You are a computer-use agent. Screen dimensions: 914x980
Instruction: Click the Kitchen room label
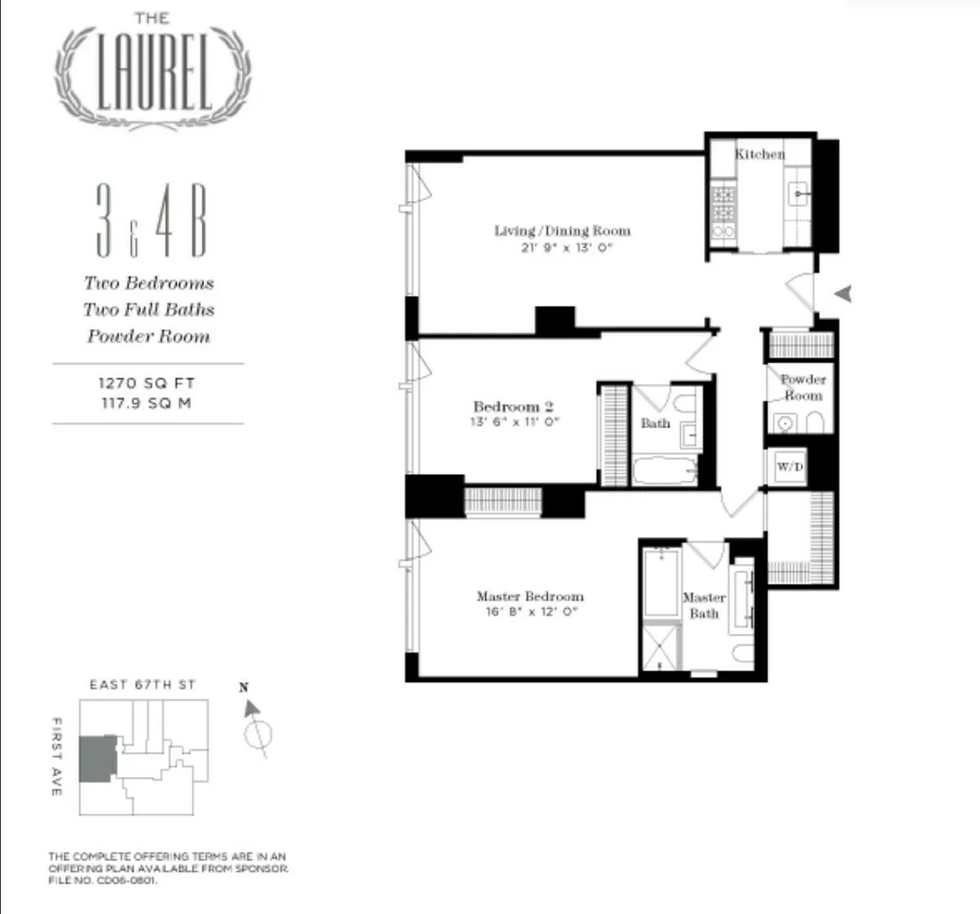[759, 153]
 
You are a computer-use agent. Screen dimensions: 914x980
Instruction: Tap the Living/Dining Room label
[562, 231]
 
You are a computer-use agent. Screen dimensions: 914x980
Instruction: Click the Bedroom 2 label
[514, 406]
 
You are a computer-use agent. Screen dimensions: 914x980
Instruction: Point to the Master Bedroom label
[530, 597]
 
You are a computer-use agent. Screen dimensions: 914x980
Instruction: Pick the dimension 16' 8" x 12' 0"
[531, 612]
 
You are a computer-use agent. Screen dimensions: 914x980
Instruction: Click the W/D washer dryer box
[789, 467]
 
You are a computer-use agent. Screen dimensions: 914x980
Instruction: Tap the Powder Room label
[803, 387]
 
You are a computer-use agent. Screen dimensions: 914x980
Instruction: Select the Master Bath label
[704, 605]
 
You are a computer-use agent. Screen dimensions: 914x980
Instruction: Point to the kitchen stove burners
[724, 204]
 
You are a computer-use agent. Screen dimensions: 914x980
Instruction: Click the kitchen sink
[798, 194]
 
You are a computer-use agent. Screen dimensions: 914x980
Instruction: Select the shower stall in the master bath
[661, 647]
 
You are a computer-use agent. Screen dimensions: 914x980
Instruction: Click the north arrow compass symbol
[256, 729]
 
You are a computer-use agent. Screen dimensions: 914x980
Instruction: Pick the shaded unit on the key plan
[98, 758]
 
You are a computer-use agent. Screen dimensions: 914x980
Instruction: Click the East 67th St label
[143, 685]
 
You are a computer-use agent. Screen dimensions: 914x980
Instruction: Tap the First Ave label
[57, 756]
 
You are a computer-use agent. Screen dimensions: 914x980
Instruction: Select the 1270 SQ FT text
[147, 383]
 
